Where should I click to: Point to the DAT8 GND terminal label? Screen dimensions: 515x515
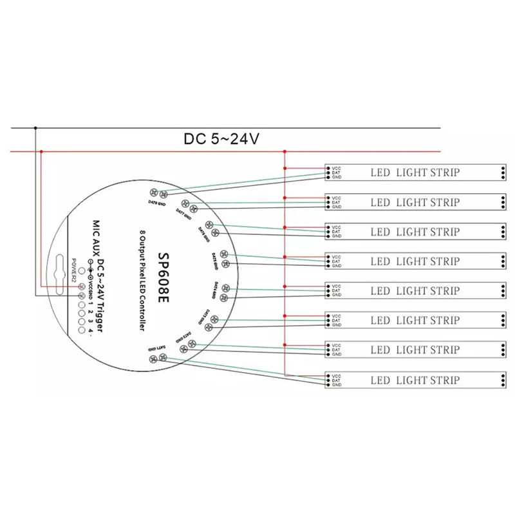coord(155,203)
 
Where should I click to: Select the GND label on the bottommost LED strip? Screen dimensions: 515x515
coord(335,385)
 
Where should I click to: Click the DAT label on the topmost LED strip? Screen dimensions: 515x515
coord(335,173)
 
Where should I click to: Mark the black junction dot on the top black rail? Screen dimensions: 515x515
coord(36,127)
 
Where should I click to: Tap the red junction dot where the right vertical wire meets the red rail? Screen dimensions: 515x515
coord(285,152)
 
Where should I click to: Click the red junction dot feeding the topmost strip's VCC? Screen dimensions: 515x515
coord(285,168)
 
